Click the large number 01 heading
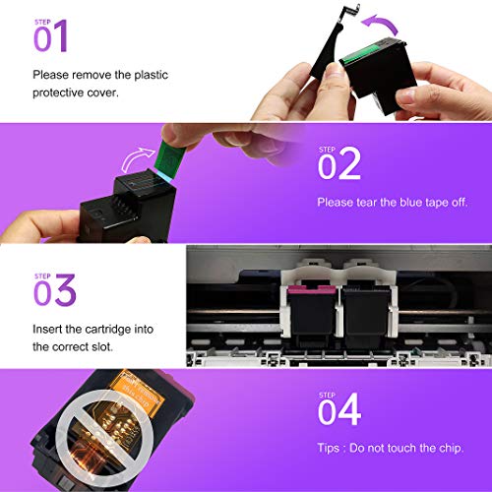click(x=51, y=38)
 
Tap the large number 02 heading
click(x=339, y=164)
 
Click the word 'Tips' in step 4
click(x=332, y=448)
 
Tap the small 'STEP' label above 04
click(x=328, y=395)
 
